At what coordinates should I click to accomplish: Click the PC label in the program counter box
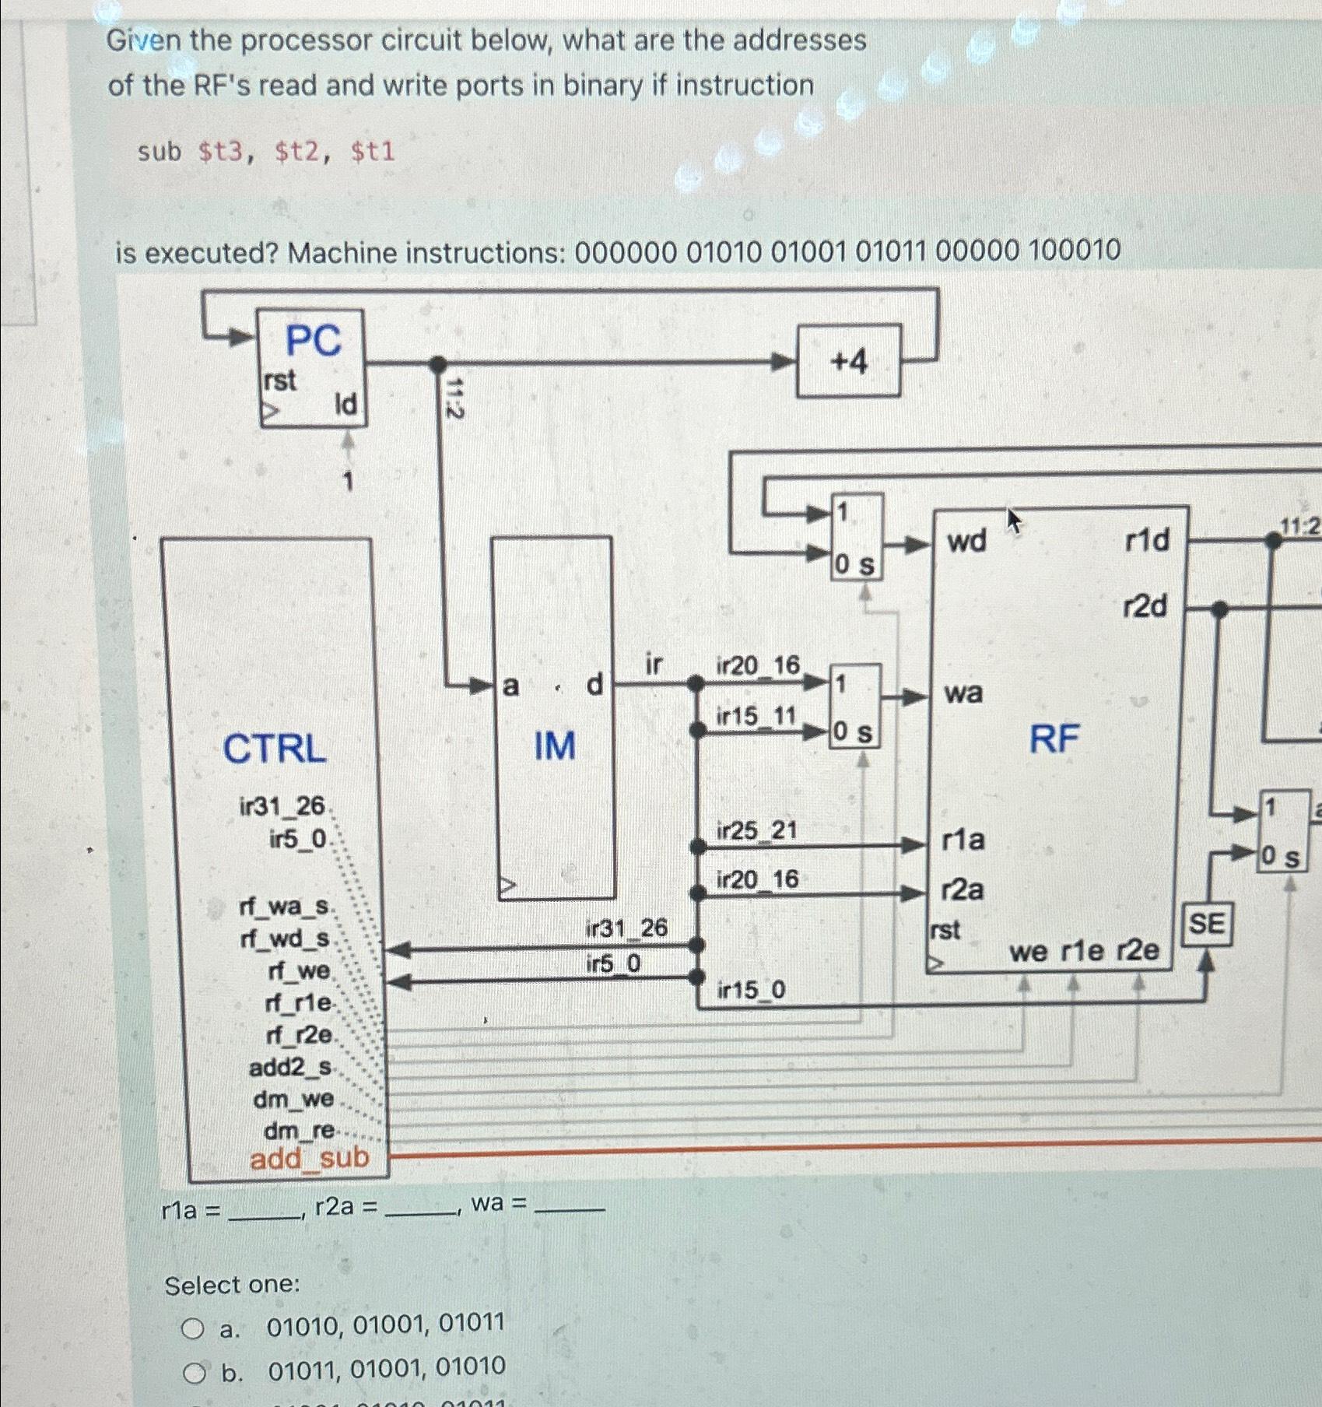[x=313, y=340]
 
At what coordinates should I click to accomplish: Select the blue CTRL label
[x=274, y=749]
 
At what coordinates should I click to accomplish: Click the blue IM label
[x=554, y=746]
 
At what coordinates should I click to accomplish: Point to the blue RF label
[x=1054, y=738]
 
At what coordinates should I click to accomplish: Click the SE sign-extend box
[x=1206, y=925]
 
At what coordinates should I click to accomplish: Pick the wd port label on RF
[x=966, y=540]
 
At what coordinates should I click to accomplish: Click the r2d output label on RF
[x=1145, y=605]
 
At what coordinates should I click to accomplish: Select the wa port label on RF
[x=963, y=692]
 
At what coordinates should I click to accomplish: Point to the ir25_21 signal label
[x=756, y=830]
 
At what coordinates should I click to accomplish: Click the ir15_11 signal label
[x=756, y=715]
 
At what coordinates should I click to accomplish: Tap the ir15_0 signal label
[x=751, y=990]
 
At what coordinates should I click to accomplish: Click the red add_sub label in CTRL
[x=309, y=1158]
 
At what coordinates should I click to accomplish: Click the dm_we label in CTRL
[x=293, y=1099]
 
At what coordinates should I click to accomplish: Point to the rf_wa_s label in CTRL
[x=286, y=907]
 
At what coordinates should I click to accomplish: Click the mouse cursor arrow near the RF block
[x=1013, y=519]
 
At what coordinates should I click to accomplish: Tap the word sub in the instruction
[x=159, y=151]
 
